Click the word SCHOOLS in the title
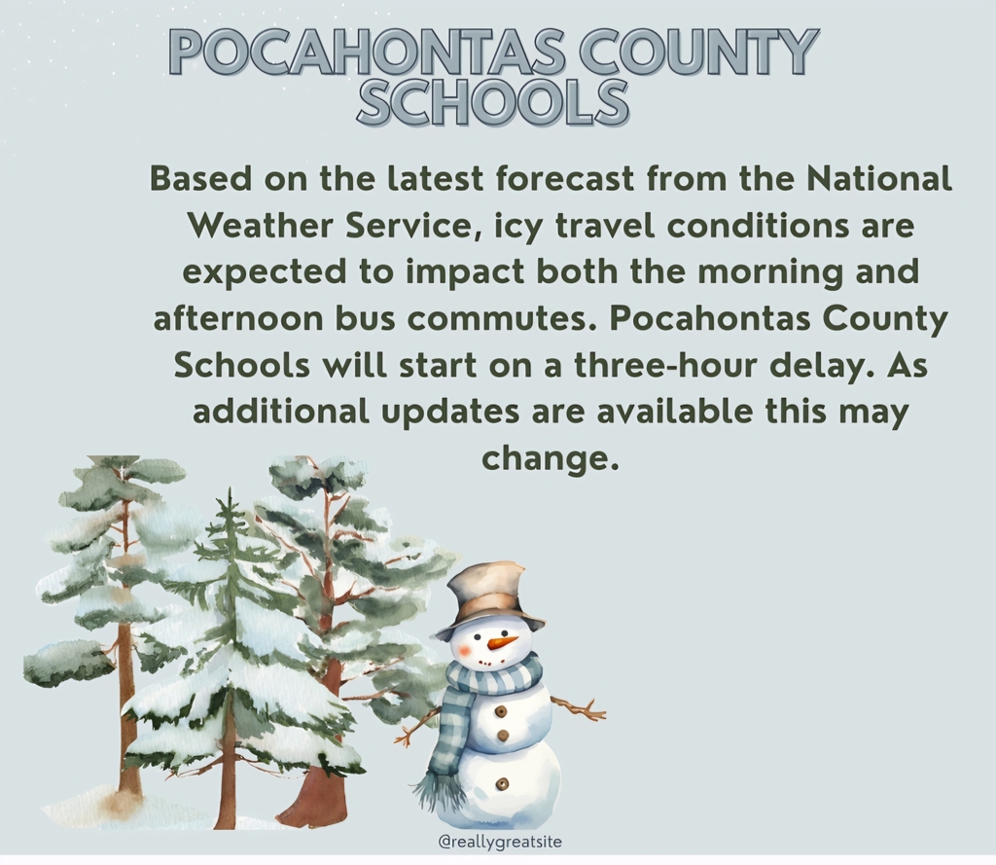[491, 102]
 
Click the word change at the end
[550, 457]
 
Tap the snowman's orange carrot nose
[502, 642]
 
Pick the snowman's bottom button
[502, 783]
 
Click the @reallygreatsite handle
[501, 842]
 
